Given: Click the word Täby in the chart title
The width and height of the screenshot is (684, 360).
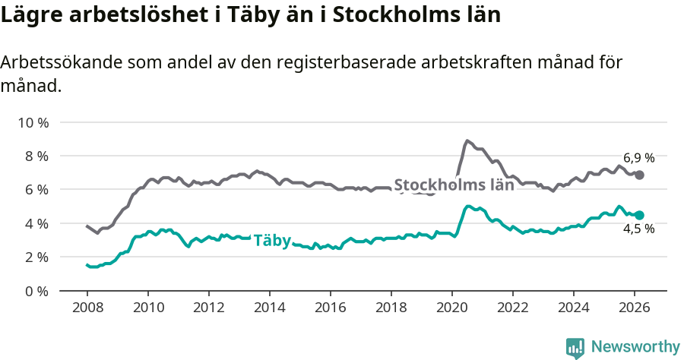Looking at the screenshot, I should pyautogui.click(x=233, y=15).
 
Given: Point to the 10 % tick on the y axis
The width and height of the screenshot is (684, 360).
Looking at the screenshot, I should pyautogui.click(x=33, y=122).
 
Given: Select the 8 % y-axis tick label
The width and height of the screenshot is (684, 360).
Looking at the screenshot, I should pyautogui.click(x=36, y=156).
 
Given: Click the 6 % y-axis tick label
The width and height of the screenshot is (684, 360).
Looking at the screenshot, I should pyautogui.click(x=36, y=190).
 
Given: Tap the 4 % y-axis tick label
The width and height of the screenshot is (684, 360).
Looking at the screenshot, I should pyautogui.click(x=36, y=223).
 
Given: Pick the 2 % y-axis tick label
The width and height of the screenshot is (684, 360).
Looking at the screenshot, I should pyautogui.click(x=36, y=257).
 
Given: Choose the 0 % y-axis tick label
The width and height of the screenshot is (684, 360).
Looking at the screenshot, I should pyautogui.click(x=36, y=291).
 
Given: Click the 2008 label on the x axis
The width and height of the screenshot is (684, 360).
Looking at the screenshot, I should pyautogui.click(x=87, y=308).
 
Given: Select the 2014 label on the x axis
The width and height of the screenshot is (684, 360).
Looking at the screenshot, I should pyautogui.click(x=269, y=308).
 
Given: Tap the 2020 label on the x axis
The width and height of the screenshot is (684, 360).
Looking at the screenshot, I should pyautogui.click(x=452, y=308).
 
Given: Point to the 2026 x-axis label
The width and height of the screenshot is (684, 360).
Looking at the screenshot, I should pyautogui.click(x=635, y=308).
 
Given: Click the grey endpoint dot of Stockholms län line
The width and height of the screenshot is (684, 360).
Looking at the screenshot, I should pyautogui.click(x=640, y=175).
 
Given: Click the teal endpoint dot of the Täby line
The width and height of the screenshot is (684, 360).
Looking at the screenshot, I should pyautogui.click(x=640, y=215).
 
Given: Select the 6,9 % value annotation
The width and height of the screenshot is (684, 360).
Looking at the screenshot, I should pyautogui.click(x=639, y=158).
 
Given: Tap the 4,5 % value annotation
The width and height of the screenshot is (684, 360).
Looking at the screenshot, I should pyautogui.click(x=639, y=229).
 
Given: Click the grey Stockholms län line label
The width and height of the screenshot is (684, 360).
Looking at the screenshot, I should pyautogui.click(x=454, y=185).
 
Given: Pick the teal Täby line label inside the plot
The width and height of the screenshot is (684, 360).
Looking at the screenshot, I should pyautogui.click(x=272, y=240).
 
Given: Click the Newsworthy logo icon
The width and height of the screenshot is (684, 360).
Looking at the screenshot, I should pyautogui.click(x=575, y=347).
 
